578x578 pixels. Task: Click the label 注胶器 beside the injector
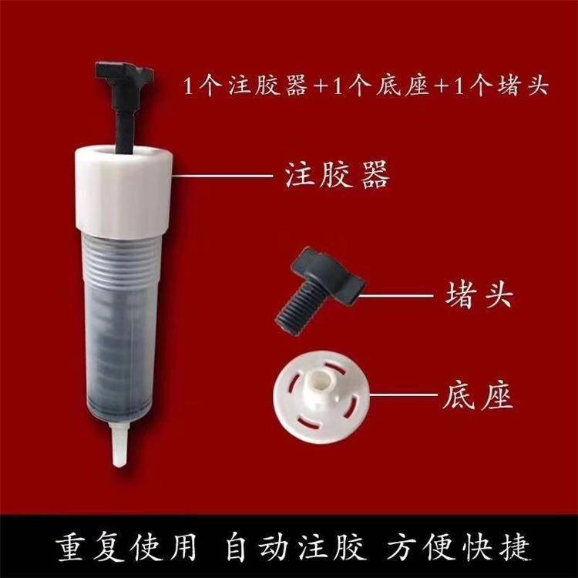coord(332,176)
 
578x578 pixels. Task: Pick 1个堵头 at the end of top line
coord(500,86)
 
